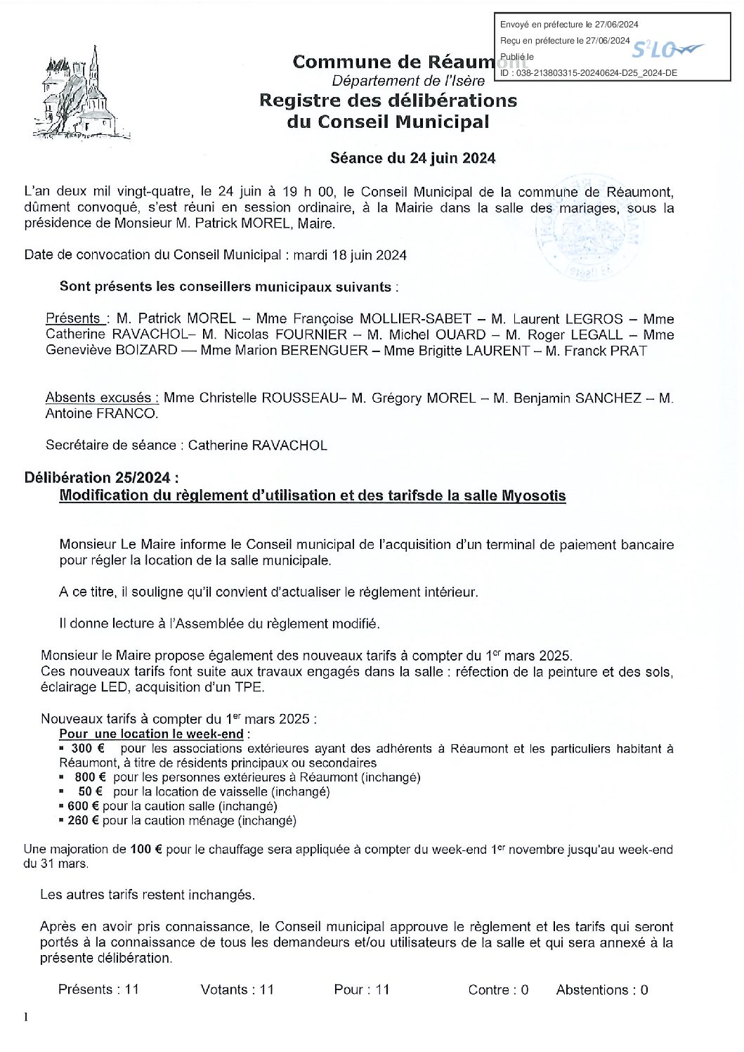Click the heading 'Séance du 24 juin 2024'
[412, 158]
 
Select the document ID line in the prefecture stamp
[589, 72]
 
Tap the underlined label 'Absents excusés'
[102, 398]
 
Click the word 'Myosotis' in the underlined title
[534, 495]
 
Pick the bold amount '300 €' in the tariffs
[81, 748]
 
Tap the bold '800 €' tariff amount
[91, 777]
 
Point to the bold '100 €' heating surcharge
[146, 849]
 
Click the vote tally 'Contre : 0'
[498, 989]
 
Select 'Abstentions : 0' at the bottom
[602, 989]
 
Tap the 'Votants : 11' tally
[237, 989]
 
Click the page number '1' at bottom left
[26, 1017]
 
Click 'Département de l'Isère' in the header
[408, 81]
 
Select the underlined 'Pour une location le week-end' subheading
[151, 734]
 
